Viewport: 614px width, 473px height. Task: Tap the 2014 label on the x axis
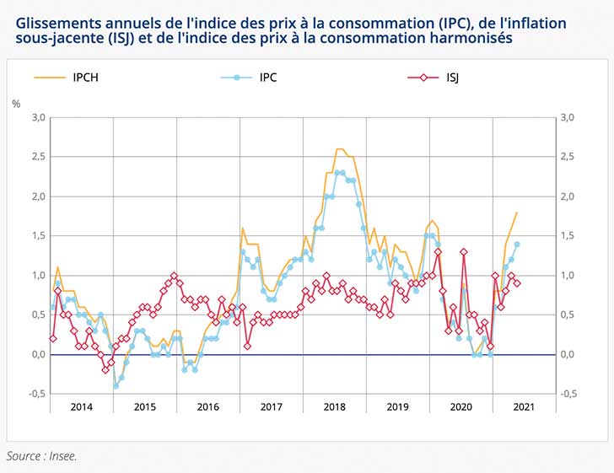tap(82, 406)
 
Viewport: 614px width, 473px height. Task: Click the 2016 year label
tap(209, 406)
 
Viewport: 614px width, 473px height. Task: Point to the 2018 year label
tap(335, 406)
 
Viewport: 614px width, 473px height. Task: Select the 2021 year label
tap(523, 406)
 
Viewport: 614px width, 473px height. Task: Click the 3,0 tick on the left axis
tap(38, 117)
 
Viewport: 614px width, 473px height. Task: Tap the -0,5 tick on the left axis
tap(36, 394)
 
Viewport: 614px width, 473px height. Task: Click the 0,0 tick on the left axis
tap(38, 354)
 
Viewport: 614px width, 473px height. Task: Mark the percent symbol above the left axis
tap(15, 103)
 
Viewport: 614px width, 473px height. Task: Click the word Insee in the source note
tap(62, 456)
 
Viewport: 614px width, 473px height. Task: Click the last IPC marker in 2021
tap(517, 245)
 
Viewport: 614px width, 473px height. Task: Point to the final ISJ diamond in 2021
tap(517, 283)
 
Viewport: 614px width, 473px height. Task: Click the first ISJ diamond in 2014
tap(52, 338)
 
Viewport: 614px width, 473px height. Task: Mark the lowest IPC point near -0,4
tap(116, 386)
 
